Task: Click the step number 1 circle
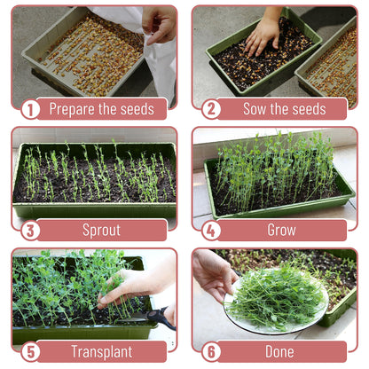click(30, 109)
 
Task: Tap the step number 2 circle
click(211, 109)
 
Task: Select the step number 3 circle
click(30, 231)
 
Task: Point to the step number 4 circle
click(211, 231)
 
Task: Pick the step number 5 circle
click(30, 351)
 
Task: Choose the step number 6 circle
click(211, 351)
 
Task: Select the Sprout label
click(101, 231)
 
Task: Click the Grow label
click(281, 231)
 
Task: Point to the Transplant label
click(101, 351)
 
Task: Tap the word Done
click(281, 351)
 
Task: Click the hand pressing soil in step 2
click(263, 34)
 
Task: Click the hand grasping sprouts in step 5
click(124, 287)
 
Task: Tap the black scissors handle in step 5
click(161, 316)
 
